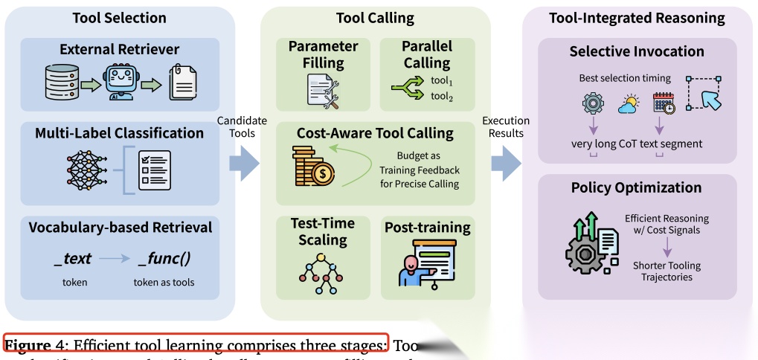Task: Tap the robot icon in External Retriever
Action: pyautogui.click(x=121, y=84)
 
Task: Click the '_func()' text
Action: pyautogui.click(x=164, y=259)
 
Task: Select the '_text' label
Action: pyautogui.click(x=73, y=259)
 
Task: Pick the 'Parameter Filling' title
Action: pyautogui.click(x=324, y=55)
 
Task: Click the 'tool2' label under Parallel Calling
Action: pyautogui.click(x=441, y=97)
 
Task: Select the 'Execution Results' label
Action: pyautogui.click(x=505, y=126)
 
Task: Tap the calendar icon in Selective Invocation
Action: pyautogui.click(x=664, y=103)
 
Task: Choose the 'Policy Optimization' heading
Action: pyautogui.click(x=637, y=187)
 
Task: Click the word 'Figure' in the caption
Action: pyautogui.click(x=28, y=346)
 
